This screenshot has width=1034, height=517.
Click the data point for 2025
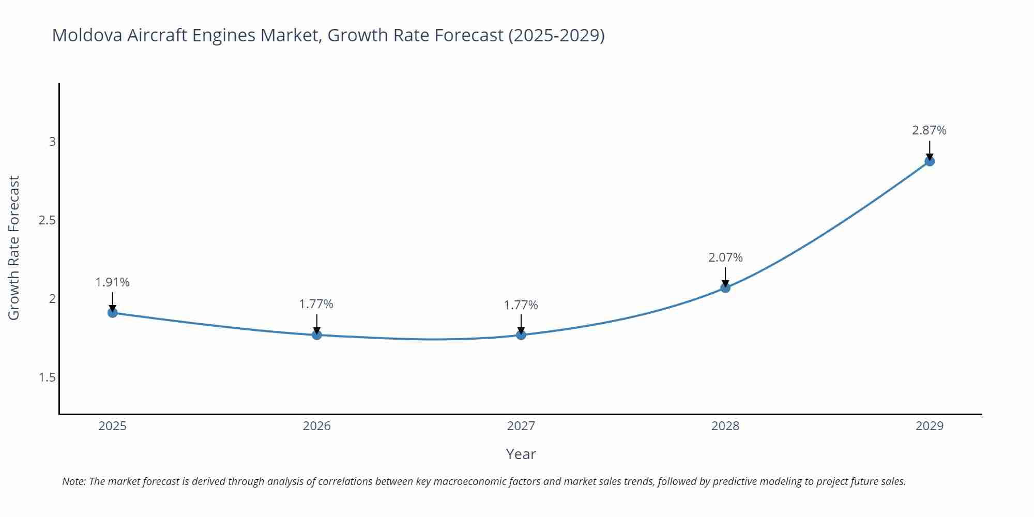[x=113, y=312]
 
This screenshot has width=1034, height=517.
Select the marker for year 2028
[x=725, y=287]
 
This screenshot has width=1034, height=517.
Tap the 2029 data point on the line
[x=930, y=161]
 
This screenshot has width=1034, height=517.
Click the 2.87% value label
[x=929, y=130]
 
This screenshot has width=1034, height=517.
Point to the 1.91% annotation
[x=112, y=282]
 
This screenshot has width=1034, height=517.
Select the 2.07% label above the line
[x=725, y=257]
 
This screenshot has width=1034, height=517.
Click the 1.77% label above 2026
[x=316, y=304]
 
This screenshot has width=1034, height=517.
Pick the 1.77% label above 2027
[x=521, y=305]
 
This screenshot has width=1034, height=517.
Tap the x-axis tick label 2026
[x=316, y=426]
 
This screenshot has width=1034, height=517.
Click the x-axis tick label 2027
[x=521, y=426]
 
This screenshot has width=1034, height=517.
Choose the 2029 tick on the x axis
[x=929, y=426]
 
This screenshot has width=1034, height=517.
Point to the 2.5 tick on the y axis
[x=47, y=220]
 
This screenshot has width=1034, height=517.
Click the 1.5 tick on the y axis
[x=47, y=377]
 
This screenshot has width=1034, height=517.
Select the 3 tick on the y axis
[x=52, y=141]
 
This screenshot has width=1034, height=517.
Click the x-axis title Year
[x=521, y=454]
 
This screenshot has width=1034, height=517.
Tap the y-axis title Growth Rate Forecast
[x=14, y=248]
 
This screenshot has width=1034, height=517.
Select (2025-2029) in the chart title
[x=556, y=35]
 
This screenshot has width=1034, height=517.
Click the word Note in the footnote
[x=73, y=481]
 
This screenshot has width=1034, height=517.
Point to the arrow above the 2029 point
[x=930, y=150]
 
